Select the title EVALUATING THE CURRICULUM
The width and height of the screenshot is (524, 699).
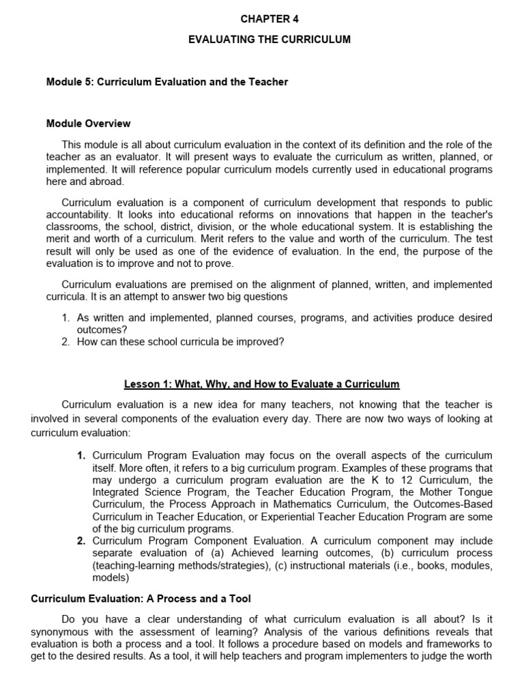point(270,40)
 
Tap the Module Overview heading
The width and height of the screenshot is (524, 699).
point(88,124)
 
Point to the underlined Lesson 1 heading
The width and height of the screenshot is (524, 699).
point(262,384)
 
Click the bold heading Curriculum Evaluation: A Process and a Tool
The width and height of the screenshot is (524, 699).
point(141,599)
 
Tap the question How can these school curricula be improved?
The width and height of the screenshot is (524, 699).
point(180,342)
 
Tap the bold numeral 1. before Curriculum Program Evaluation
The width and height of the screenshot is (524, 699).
point(81,455)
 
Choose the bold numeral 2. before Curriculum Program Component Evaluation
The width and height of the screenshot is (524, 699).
point(81,541)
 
